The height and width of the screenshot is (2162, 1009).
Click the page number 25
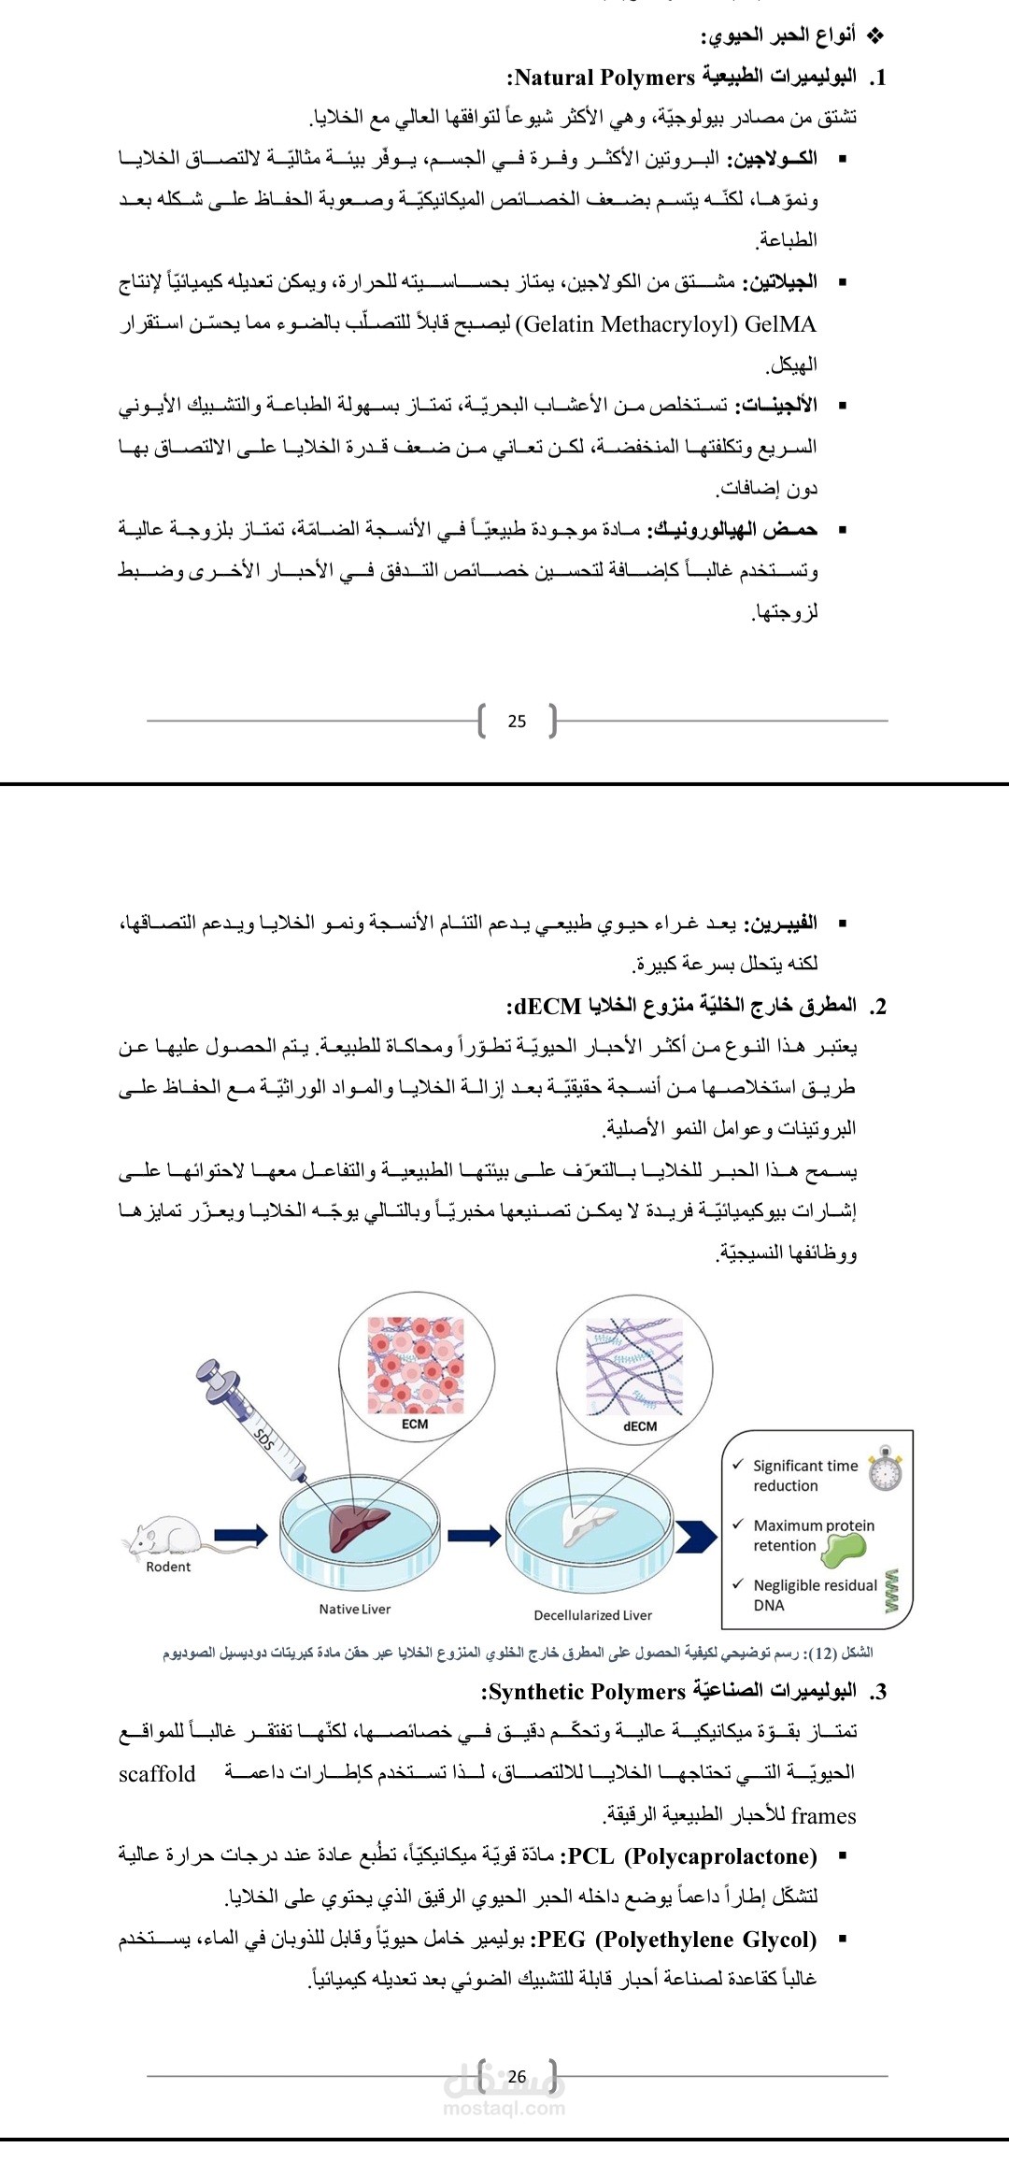pyautogui.click(x=517, y=721)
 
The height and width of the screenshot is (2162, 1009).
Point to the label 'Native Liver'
pyautogui.click(x=355, y=1609)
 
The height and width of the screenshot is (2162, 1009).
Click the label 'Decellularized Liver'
pyautogui.click(x=592, y=1614)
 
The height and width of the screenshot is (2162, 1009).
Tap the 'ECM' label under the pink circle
pyautogui.click(x=415, y=1424)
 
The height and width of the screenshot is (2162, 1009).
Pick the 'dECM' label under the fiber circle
pyautogui.click(x=640, y=1425)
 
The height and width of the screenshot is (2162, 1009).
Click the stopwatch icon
pyautogui.click(x=885, y=1470)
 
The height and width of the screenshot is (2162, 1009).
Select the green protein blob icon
pyautogui.click(x=844, y=1547)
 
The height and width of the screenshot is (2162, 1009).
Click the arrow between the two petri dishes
pyautogui.click(x=474, y=1534)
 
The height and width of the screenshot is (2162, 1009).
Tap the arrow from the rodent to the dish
pyautogui.click(x=241, y=1534)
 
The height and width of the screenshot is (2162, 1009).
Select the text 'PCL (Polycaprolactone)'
pyautogui.click(x=692, y=1855)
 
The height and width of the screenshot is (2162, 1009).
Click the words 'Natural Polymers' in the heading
pyautogui.click(x=605, y=78)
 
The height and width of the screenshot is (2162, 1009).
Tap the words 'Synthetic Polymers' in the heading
pyautogui.click(x=587, y=1691)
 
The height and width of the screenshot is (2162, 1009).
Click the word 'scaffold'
pyautogui.click(x=157, y=1773)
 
